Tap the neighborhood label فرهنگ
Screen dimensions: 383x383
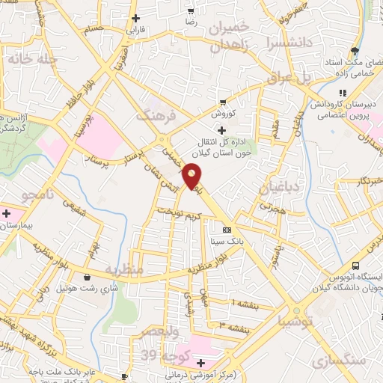coord(155,116)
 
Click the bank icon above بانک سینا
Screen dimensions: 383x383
coord(227,230)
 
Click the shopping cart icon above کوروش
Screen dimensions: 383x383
coord(223,102)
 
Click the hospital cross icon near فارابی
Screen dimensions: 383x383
coord(135,18)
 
